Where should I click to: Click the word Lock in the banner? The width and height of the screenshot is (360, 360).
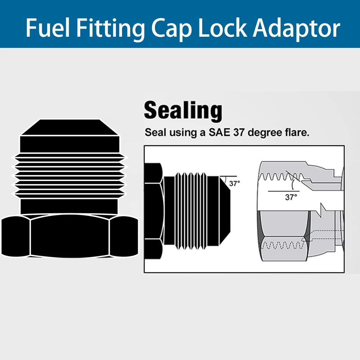[222, 28]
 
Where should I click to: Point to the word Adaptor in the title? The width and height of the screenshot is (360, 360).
[296, 28]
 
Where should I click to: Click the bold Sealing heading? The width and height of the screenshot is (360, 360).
[183, 111]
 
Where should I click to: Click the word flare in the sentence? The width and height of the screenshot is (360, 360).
[297, 132]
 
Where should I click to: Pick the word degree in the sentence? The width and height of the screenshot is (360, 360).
[264, 132]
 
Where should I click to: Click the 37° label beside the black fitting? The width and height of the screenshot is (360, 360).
[234, 184]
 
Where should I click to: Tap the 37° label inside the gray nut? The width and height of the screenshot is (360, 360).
[291, 197]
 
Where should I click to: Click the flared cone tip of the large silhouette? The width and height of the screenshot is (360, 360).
[69, 127]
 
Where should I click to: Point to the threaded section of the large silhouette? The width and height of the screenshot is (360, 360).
[69, 174]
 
